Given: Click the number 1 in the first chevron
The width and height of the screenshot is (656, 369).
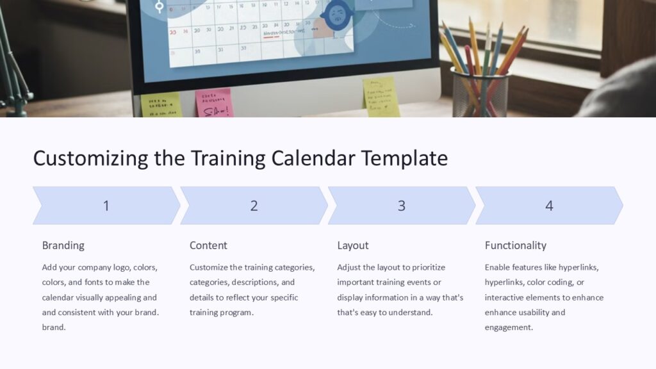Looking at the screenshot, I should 106,206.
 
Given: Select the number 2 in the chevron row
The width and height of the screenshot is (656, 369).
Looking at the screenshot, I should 254,206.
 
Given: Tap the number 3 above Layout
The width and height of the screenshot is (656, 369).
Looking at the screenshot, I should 402,206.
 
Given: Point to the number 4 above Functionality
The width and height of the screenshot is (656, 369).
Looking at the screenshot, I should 549,206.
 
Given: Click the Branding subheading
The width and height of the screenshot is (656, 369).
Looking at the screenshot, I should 63,245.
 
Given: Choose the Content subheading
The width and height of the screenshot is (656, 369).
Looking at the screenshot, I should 208,245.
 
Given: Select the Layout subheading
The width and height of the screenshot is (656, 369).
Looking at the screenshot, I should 353,245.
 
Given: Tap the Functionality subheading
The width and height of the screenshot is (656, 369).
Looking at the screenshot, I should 515,245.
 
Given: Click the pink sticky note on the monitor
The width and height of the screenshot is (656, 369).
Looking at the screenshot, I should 213,103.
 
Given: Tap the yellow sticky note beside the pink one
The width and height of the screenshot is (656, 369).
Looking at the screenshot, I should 161,105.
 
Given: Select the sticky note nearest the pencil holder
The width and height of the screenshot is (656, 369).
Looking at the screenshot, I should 381,97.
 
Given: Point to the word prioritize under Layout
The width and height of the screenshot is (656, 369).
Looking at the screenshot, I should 423,267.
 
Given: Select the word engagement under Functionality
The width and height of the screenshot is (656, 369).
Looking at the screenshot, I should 509,327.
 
